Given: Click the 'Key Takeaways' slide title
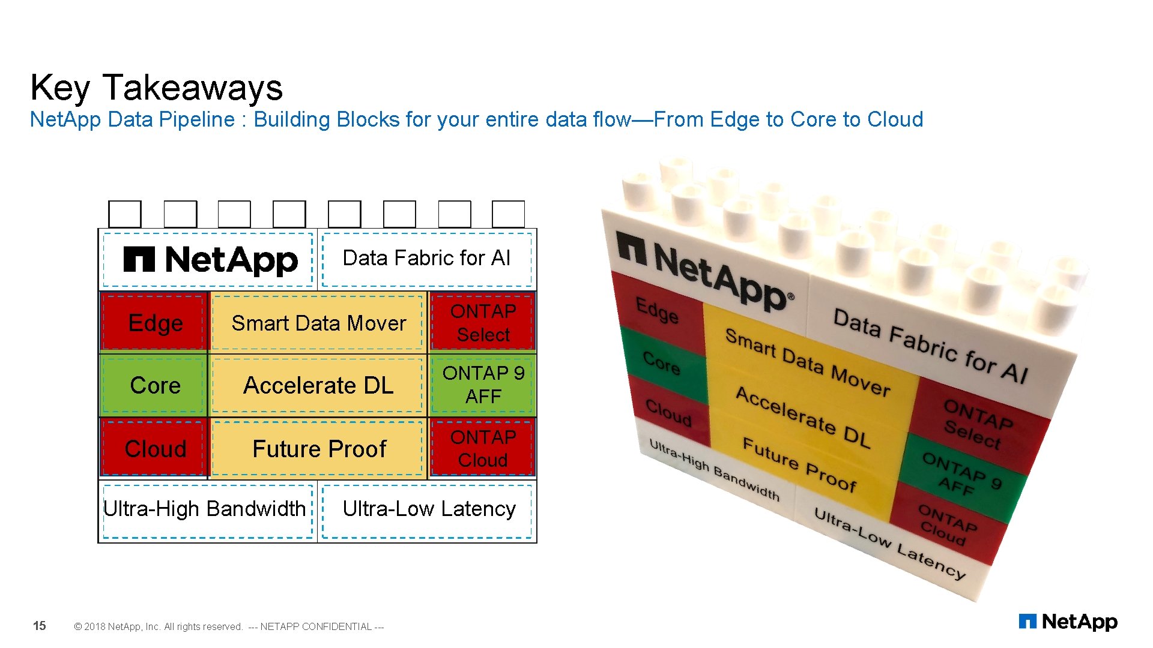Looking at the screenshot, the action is (156, 88).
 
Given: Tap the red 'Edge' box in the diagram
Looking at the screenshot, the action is (155, 323).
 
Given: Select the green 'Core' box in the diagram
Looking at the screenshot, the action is (155, 385).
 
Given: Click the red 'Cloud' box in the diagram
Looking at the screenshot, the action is (155, 449).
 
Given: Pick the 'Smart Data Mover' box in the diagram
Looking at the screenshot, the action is (318, 323).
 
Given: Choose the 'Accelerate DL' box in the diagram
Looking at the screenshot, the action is (318, 385).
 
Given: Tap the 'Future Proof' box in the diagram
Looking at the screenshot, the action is (318, 449).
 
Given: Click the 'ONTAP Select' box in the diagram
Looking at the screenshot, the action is (483, 323).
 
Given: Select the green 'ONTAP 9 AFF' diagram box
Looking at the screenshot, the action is (483, 385).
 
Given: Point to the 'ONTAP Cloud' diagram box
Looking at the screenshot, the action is (483, 449).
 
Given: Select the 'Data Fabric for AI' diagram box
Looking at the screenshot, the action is (426, 259).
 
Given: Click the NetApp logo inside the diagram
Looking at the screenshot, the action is (210, 260).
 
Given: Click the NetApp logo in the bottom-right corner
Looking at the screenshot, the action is (1068, 622).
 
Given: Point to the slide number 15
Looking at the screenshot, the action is (39, 626).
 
